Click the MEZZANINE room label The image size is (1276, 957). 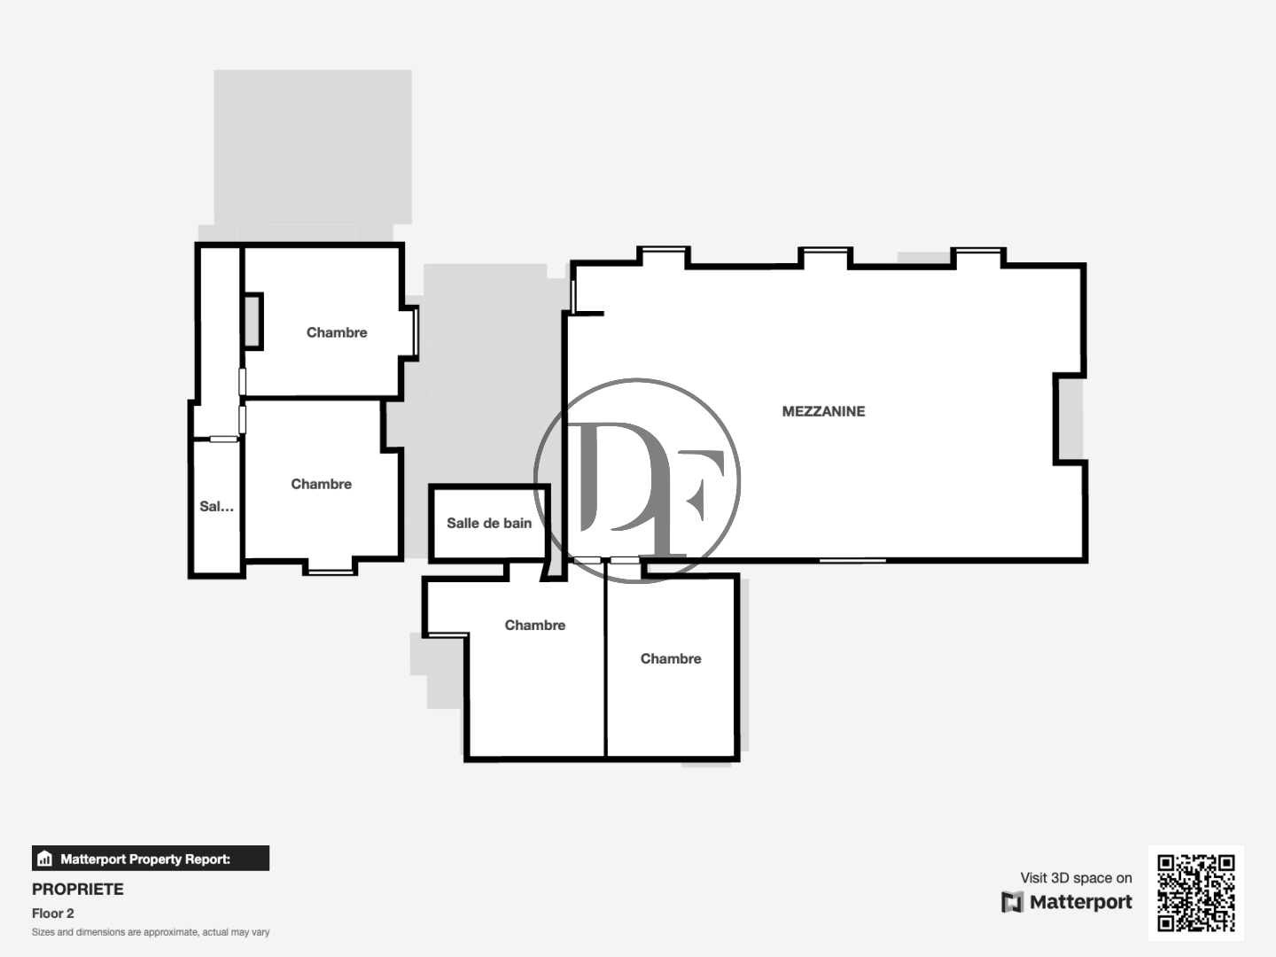point(823,411)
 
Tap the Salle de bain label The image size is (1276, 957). point(489,523)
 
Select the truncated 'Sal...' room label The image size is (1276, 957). point(216,507)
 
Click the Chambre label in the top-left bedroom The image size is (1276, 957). point(337,332)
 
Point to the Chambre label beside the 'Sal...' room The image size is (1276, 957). point(321,484)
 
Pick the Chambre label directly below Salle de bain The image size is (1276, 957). point(534,625)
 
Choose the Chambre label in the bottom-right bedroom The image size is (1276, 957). point(671,658)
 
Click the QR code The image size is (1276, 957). point(1195,892)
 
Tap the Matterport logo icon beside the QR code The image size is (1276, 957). point(1012,902)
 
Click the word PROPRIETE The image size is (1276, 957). point(78,889)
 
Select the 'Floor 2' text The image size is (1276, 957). point(53,914)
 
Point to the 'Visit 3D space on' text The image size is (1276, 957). point(1076,878)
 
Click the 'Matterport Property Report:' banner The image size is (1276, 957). point(151,859)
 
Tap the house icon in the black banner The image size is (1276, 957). point(45,859)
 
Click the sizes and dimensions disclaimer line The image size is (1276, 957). point(151,932)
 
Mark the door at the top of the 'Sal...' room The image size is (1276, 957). point(223,439)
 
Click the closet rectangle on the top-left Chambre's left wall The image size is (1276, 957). point(253,321)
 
